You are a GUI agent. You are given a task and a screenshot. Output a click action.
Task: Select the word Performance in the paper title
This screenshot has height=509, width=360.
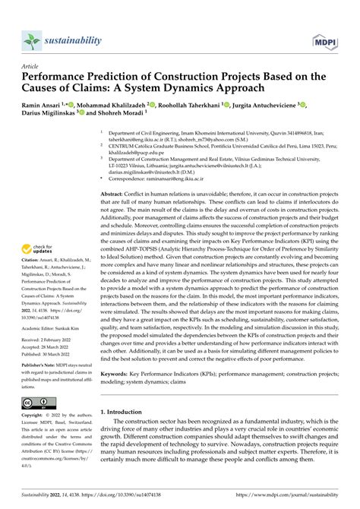pos(64,77)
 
